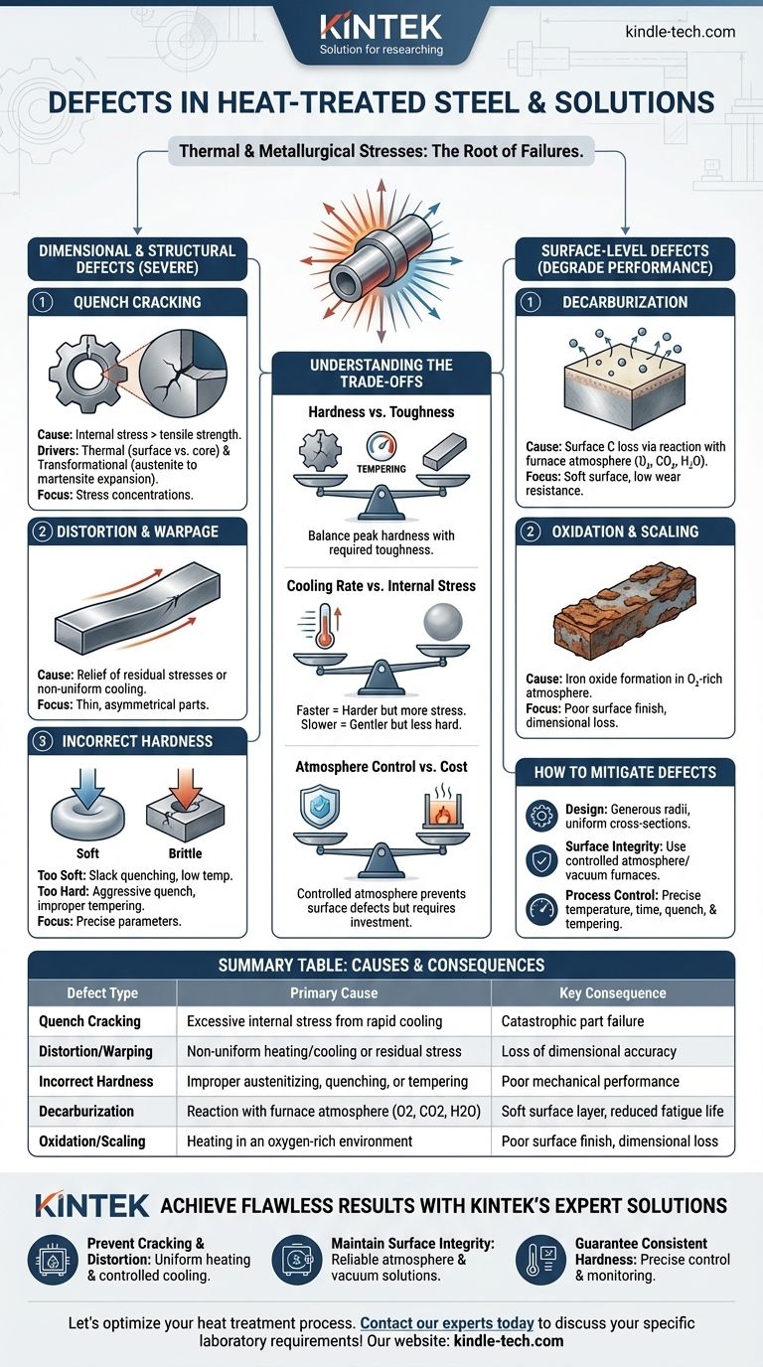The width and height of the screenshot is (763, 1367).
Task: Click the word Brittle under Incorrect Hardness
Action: [x=184, y=852]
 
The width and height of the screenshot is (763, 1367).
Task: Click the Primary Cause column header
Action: [x=333, y=992]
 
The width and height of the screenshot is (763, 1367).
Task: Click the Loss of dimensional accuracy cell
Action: [x=589, y=1051]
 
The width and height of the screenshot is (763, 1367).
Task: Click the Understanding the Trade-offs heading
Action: [x=381, y=373]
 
